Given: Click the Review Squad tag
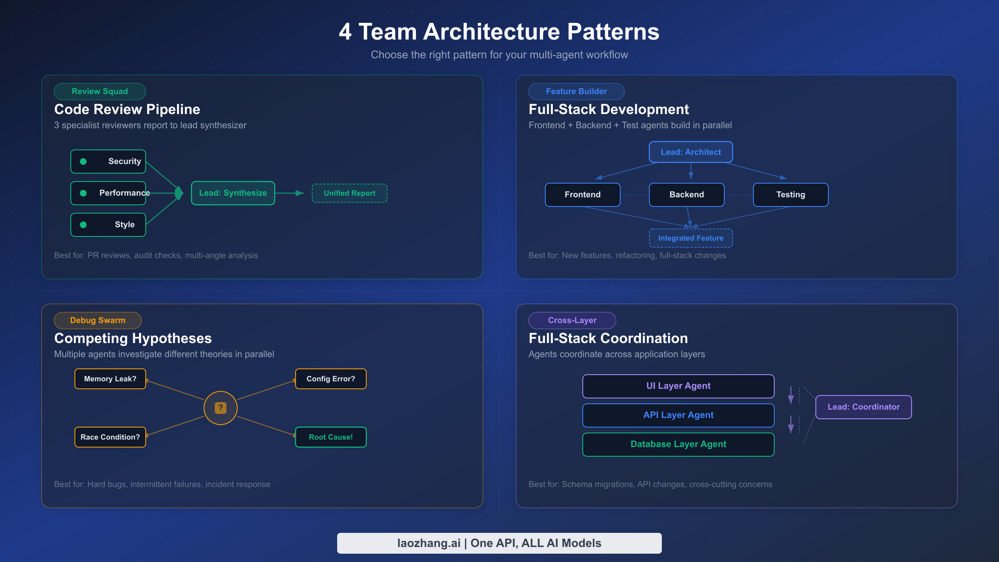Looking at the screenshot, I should [x=99, y=92].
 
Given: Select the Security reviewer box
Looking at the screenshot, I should [x=108, y=162].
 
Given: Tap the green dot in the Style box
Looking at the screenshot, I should [x=83, y=225].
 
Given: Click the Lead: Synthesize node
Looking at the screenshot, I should [x=233, y=193].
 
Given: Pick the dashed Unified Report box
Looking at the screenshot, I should [x=349, y=193].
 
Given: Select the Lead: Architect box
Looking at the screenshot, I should [x=691, y=152].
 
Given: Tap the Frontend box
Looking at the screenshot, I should [x=582, y=195].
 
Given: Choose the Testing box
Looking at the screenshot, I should [x=790, y=195].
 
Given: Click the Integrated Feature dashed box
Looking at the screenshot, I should [x=691, y=238].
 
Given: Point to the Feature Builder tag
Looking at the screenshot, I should [x=576, y=92].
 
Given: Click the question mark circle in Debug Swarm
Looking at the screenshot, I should [x=221, y=408].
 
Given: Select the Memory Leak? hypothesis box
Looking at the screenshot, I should [x=110, y=379].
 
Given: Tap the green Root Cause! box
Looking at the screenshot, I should [x=331, y=437].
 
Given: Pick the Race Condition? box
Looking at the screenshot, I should [x=110, y=437].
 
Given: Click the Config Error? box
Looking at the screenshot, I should [x=331, y=379].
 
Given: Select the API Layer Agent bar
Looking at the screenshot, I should [x=678, y=415].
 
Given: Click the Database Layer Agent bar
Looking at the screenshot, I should [x=678, y=444].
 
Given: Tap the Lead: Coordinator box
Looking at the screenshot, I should [x=863, y=407].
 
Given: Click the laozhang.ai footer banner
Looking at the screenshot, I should [x=499, y=543].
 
